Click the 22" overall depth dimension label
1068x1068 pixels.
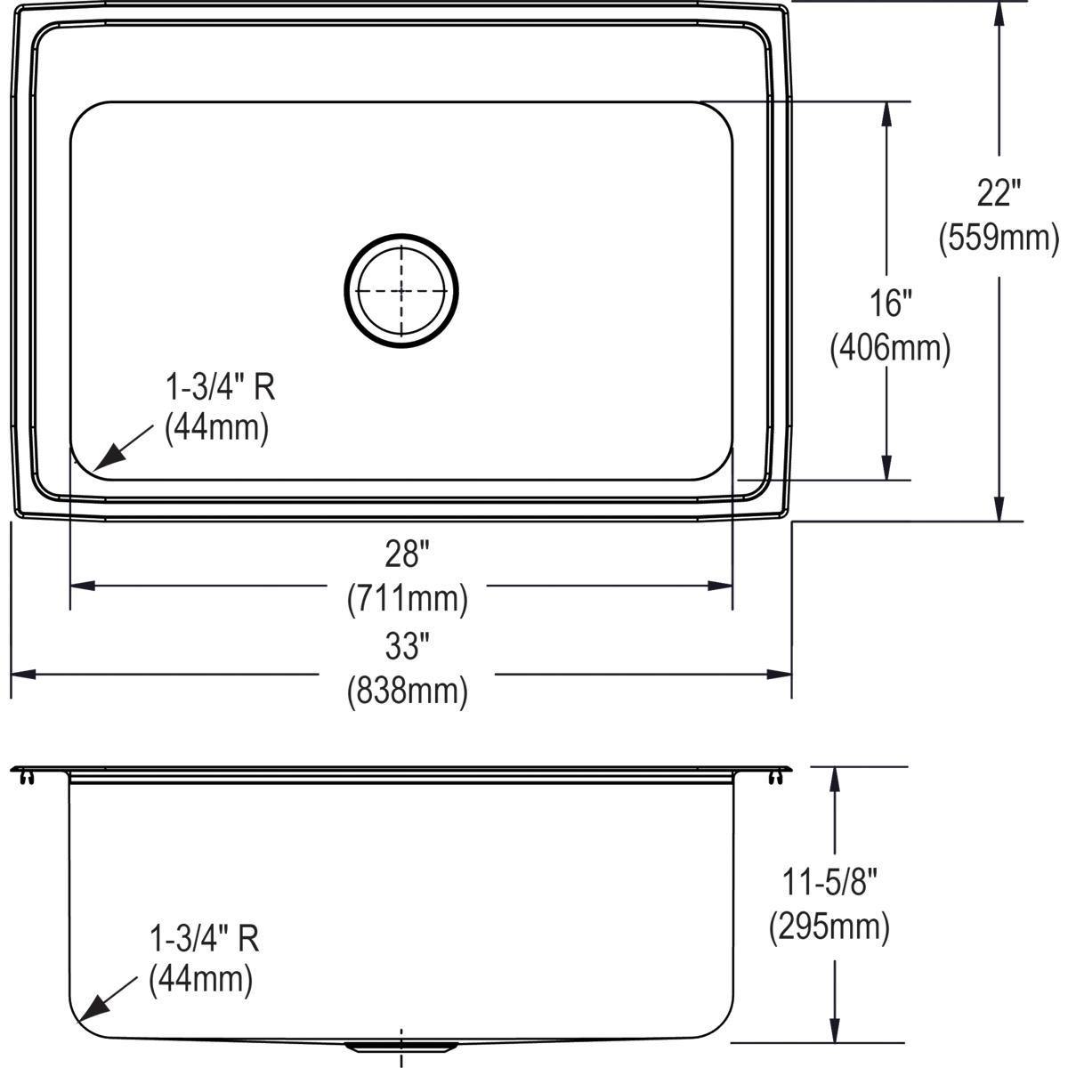tap(998, 192)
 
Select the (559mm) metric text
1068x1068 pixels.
tap(999, 237)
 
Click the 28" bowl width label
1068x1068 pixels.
tap(407, 554)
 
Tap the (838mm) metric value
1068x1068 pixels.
tap(407, 691)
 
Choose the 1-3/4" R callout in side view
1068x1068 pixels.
tap(204, 937)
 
